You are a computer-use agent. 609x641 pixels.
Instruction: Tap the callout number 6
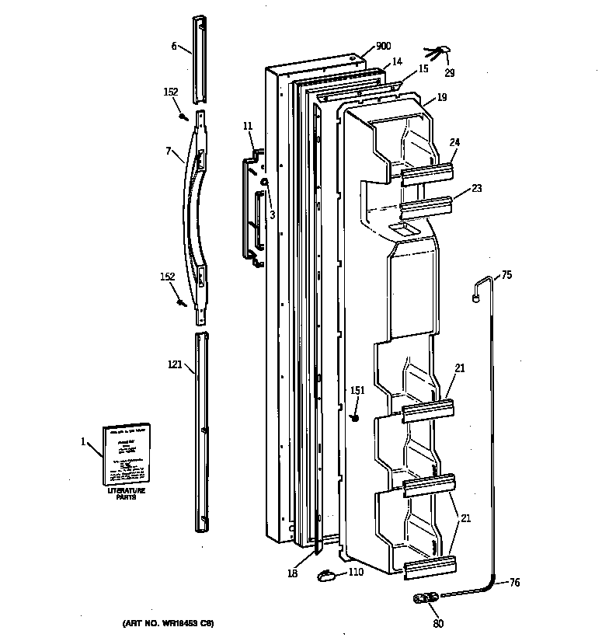[174, 47]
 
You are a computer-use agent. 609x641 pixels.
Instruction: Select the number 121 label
[175, 363]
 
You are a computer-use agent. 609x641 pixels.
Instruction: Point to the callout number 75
[506, 274]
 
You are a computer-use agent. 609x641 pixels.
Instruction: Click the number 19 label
[441, 97]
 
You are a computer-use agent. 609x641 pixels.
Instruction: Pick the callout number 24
[454, 142]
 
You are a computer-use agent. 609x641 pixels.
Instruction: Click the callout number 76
[515, 582]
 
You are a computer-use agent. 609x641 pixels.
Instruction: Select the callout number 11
[248, 126]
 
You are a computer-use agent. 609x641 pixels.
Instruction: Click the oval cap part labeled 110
[326, 576]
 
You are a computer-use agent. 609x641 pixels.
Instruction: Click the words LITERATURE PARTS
[127, 496]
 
